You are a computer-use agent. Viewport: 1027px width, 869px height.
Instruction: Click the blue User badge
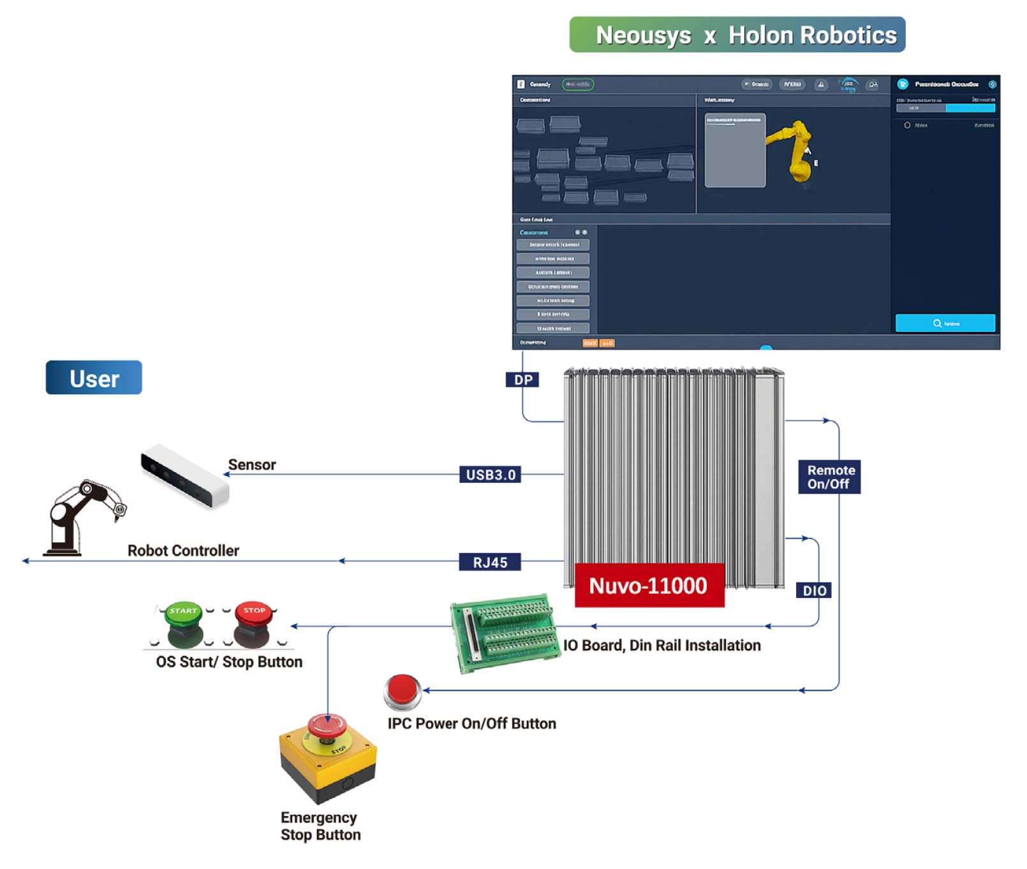94,378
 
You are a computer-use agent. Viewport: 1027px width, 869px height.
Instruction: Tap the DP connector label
522,380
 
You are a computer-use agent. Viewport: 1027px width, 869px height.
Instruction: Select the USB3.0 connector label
490,475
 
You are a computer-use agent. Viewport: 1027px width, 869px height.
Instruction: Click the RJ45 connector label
490,562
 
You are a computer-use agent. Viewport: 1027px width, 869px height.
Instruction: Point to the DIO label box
814,591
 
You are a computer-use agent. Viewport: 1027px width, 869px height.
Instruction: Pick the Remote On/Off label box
830,477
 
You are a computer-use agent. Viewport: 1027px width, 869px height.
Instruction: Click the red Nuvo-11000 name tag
649,585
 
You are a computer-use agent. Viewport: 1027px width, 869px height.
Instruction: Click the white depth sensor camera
185,476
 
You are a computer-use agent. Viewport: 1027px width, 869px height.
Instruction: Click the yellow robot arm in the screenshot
794,150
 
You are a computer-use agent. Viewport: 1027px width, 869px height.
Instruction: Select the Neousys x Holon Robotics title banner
737,35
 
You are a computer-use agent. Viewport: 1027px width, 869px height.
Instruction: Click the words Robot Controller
183,551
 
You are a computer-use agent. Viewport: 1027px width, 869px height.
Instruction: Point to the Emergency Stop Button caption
320,826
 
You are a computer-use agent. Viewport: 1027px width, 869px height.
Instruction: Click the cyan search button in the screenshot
945,323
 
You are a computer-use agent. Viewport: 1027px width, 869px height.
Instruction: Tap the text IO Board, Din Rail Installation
661,646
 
